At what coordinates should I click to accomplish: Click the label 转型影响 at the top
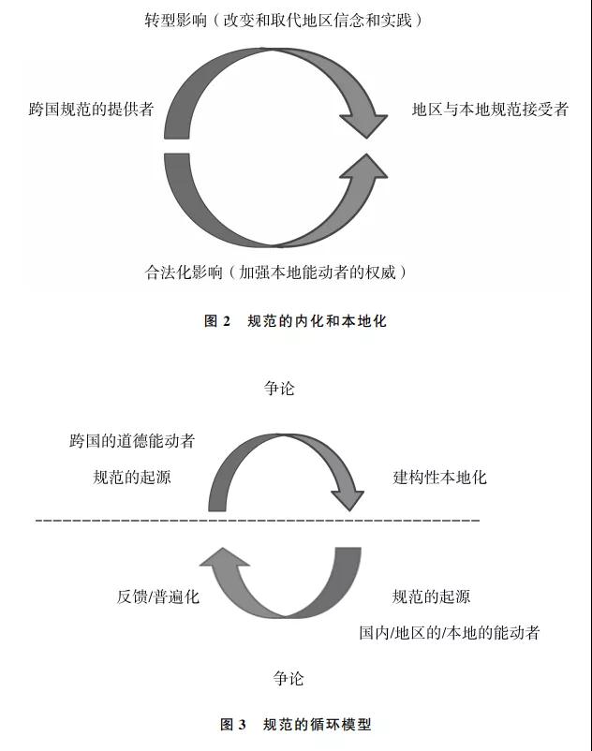(x=175, y=20)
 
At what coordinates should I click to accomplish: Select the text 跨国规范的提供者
(x=91, y=110)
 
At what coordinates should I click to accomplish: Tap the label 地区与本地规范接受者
(x=490, y=110)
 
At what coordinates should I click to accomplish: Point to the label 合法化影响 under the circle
(x=184, y=272)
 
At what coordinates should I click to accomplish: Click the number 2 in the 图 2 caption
(x=227, y=321)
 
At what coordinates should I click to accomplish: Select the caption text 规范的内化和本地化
(x=317, y=321)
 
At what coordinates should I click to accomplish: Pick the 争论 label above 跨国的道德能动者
(x=279, y=388)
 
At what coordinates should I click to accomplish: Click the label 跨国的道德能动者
(x=132, y=441)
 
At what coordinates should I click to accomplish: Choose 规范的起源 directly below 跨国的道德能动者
(x=132, y=477)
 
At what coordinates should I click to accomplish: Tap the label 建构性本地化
(x=439, y=477)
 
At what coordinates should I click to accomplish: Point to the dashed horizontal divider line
(x=258, y=520)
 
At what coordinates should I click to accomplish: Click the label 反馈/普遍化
(x=157, y=596)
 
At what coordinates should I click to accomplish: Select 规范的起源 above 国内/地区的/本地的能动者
(x=431, y=596)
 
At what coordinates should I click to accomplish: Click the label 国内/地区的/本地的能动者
(x=450, y=633)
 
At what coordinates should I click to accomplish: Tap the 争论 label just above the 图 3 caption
(x=289, y=678)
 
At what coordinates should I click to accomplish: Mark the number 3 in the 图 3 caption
(x=242, y=724)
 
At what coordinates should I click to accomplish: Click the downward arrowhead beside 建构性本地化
(x=348, y=499)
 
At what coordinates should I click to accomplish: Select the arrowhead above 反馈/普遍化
(x=224, y=557)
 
